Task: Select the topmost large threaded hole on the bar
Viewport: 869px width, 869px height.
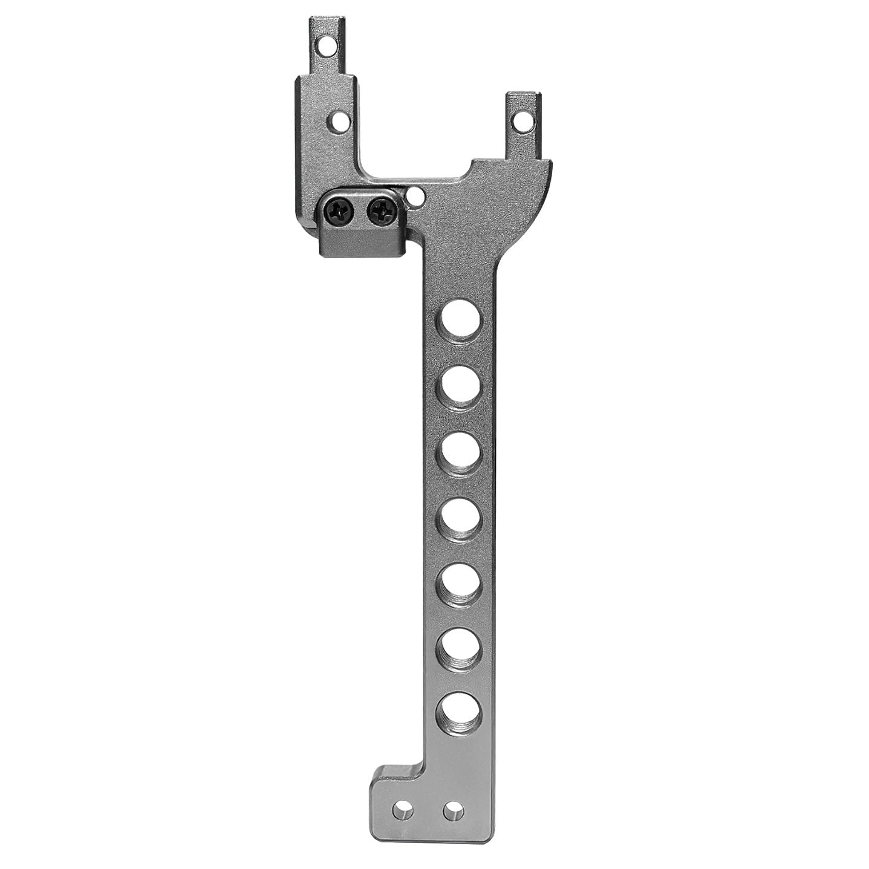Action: click(x=461, y=320)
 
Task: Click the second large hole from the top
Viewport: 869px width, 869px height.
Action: click(x=461, y=385)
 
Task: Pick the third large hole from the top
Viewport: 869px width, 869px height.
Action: click(x=461, y=452)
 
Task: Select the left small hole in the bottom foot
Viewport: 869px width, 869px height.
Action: click(x=403, y=810)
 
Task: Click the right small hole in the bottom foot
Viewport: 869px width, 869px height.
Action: click(x=453, y=810)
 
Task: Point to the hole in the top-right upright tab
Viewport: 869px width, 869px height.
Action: click(x=521, y=121)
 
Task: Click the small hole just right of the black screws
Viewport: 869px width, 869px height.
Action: click(x=415, y=195)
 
